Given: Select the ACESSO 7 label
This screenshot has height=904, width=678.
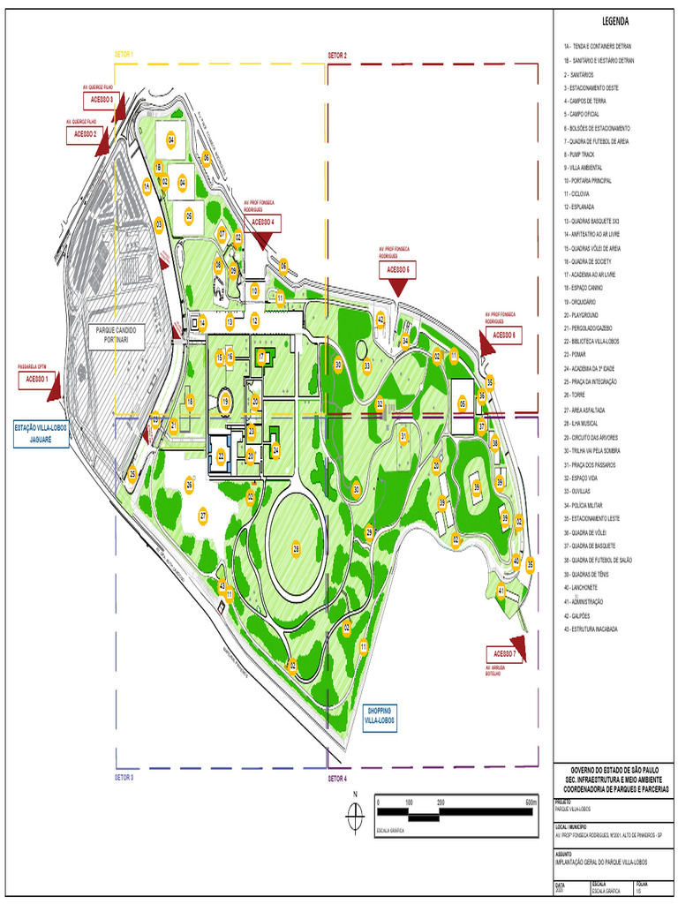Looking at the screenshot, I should (504, 653).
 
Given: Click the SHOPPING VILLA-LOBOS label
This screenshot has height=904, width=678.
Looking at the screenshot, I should (380, 716).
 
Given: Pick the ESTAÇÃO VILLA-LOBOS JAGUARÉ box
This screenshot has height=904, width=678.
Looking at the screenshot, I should (41, 433).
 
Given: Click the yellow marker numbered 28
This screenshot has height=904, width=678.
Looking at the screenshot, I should (297, 549).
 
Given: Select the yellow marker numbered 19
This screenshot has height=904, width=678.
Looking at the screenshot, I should (225, 403).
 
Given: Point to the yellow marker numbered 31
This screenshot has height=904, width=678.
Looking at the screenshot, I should (403, 435).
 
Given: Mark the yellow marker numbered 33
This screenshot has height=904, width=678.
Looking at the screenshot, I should (366, 365).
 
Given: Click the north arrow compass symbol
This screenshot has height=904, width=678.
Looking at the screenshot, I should (355, 817).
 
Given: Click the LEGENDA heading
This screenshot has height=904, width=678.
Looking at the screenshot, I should (614, 21).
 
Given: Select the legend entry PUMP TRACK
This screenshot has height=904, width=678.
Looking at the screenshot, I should (583, 154).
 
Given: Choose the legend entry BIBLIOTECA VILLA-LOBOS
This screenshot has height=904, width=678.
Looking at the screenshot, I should (593, 341).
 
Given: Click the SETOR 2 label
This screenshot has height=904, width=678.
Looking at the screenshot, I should (337, 55).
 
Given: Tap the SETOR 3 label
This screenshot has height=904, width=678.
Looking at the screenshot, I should (124, 778).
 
